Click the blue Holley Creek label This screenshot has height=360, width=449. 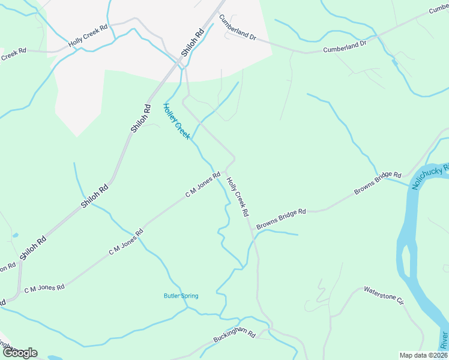click(x=176, y=121)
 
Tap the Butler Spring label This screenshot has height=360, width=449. click(x=181, y=296)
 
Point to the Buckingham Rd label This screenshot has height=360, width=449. click(x=235, y=338)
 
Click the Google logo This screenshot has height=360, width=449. click(x=20, y=353)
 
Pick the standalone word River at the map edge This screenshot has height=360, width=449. click(x=444, y=340)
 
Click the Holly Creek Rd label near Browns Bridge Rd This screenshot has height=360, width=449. click(x=238, y=197)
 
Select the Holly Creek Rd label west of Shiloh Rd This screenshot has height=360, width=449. click(x=88, y=36)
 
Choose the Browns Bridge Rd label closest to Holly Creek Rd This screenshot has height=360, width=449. click(x=282, y=219)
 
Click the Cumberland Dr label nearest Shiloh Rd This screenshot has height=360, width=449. click(x=237, y=28)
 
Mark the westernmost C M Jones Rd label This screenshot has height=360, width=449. click(x=44, y=289)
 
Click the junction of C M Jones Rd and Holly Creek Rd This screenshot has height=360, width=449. click(x=227, y=167)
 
